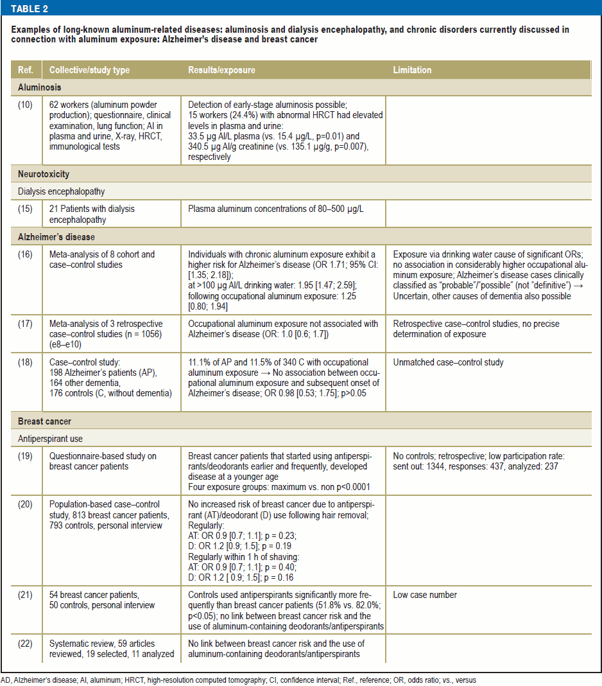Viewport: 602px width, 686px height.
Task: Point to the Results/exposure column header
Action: coord(221,70)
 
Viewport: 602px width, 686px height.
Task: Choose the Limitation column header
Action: coord(412,70)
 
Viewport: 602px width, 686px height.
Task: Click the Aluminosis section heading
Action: coord(40,87)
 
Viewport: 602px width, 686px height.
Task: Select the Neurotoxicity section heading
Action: coord(44,174)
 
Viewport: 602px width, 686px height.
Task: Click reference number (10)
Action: coord(25,104)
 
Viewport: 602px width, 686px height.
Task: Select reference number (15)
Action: coord(25,209)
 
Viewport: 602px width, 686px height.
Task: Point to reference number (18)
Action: coord(25,362)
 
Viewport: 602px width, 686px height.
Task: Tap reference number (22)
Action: coord(25,644)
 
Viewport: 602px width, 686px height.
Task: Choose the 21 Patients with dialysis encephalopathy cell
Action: coord(92,214)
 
